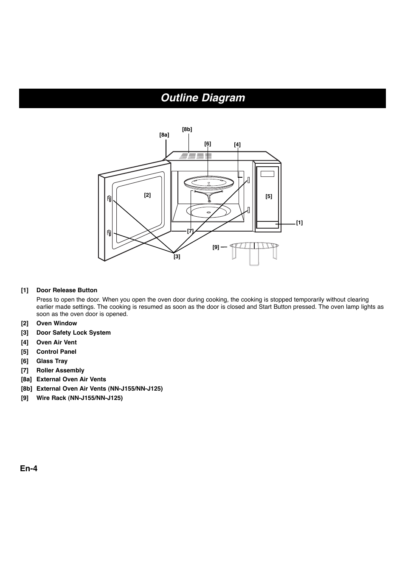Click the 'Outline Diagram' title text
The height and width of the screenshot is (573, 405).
pyautogui.click(x=202, y=98)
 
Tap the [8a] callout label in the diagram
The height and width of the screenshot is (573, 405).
pyautogui.click(x=164, y=135)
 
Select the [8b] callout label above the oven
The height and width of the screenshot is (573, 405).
pyautogui.click(x=187, y=129)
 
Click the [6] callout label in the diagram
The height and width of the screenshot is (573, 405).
pyautogui.click(x=208, y=144)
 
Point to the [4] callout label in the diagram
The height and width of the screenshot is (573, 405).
pyautogui.click(x=237, y=145)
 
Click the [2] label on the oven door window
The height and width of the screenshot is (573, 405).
pyautogui.click(x=147, y=195)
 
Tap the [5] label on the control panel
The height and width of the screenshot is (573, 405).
pyautogui.click(x=269, y=196)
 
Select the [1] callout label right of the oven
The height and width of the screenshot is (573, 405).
pyautogui.click(x=299, y=223)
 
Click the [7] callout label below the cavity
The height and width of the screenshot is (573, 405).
pyautogui.click(x=190, y=231)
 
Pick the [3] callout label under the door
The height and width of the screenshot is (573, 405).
pyautogui.click(x=177, y=257)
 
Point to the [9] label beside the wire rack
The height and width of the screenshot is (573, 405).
pyautogui.click(x=216, y=247)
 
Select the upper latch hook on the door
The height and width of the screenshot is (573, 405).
pyautogui.click(x=109, y=198)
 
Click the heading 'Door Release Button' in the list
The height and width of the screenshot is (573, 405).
pyautogui.click(x=67, y=291)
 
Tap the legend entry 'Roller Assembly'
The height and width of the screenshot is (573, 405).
pyautogui.click(x=60, y=370)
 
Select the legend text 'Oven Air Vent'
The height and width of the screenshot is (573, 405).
pyautogui.click(x=56, y=342)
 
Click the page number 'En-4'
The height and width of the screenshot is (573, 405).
pyautogui.click(x=28, y=469)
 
